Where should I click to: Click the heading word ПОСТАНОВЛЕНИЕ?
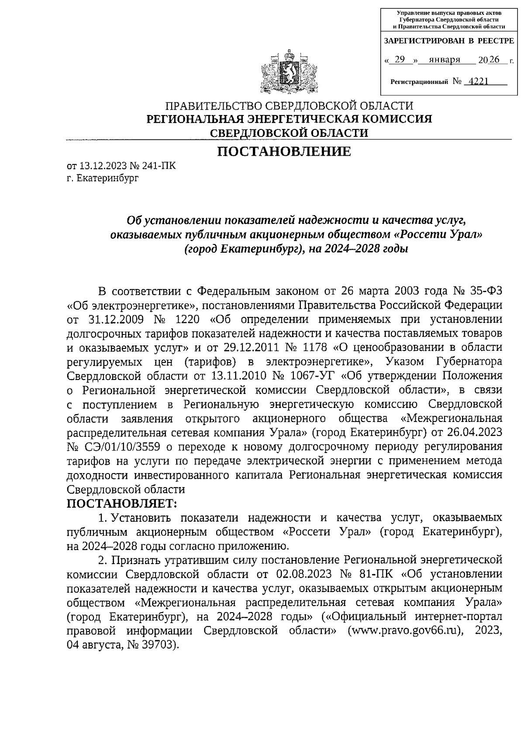pos(284,151)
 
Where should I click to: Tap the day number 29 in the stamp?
pos(399,60)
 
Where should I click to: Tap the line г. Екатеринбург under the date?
pos(103,178)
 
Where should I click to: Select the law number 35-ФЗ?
pos(486,291)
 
